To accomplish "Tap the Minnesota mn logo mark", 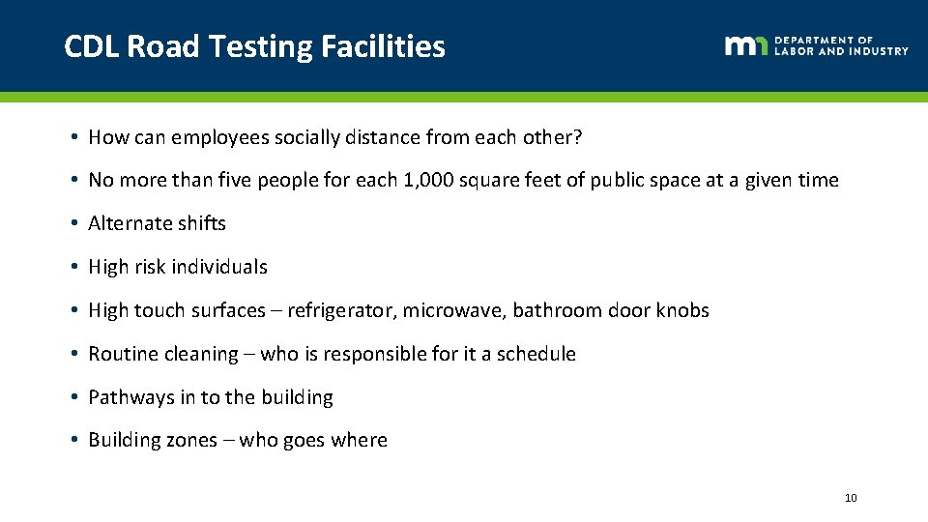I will coord(746,45).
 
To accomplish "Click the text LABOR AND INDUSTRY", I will coord(841,51).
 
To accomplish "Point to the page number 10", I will coord(851,498).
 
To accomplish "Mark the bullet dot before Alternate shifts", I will coord(74,223).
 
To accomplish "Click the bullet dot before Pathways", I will coord(74,397).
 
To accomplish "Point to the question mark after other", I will coord(578,137).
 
